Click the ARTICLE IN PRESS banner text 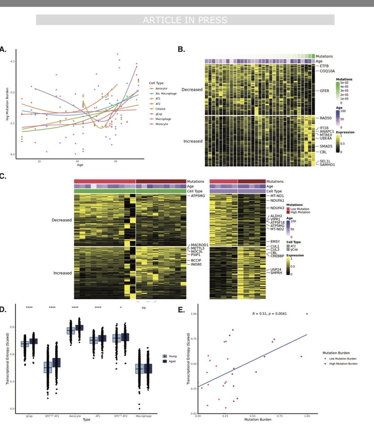(185, 20)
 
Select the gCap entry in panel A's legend (160, 114)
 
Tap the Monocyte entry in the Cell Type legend (162, 124)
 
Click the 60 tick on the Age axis (115, 161)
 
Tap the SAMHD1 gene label (328, 164)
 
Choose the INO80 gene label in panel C (196, 264)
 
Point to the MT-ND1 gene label (277, 196)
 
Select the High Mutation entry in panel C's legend (300, 212)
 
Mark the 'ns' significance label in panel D (143, 308)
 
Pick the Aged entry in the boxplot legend (172, 361)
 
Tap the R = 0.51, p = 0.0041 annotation (269, 314)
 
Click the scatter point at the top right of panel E (307, 314)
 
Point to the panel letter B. (181, 49)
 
